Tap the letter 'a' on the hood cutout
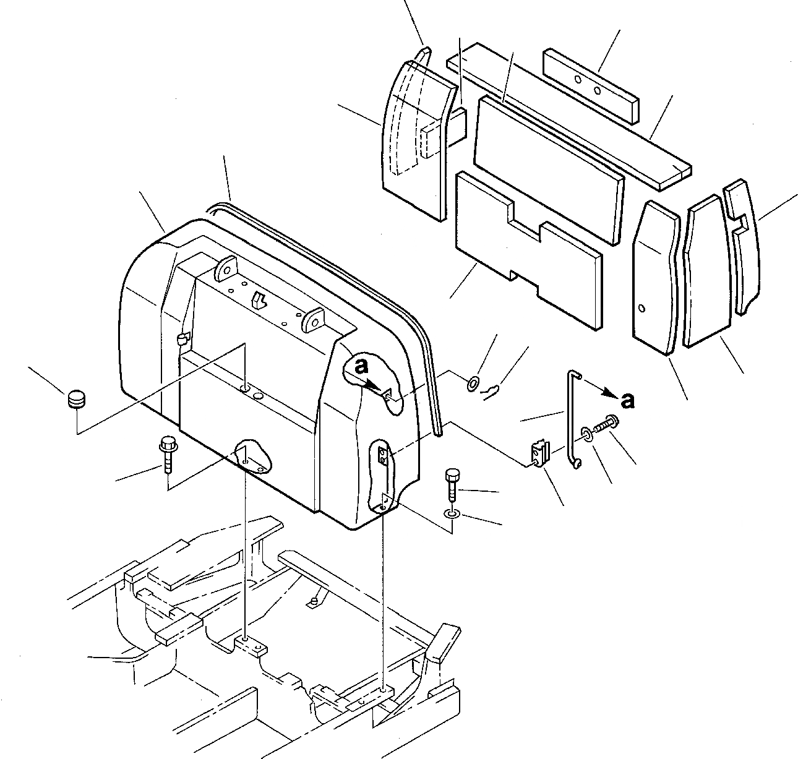coord(360,366)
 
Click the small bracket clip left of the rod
coord(540,453)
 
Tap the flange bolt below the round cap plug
coord(168,455)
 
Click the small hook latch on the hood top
coord(259,299)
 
